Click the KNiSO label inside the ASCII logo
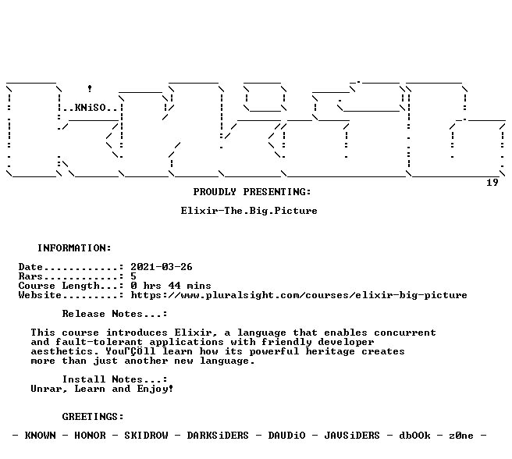pyautogui.click(x=90, y=108)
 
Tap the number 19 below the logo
pyautogui.click(x=492, y=183)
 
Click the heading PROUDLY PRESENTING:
pyautogui.click(x=252, y=192)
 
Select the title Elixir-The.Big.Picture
pyautogui.click(x=249, y=211)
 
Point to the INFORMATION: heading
pyautogui.click(x=74, y=248)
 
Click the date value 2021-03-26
pyautogui.click(x=162, y=267)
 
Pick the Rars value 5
pyautogui.click(x=133, y=276)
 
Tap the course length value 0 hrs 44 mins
pyautogui.click(x=171, y=286)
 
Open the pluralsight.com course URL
pyautogui.click(x=299, y=295)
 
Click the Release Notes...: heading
pyautogui.click(x=115, y=314)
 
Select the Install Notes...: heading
pyautogui.click(x=115, y=379)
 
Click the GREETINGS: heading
pyautogui.click(x=93, y=417)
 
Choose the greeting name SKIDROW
pyautogui.click(x=146, y=436)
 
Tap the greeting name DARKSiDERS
pyautogui.click(x=218, y=436)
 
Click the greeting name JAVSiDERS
pyautogui.click(x=352, y=436)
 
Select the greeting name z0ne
pyautogui.click(x=461, y=436)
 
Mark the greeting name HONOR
pyautogui.click(x=90, y=436)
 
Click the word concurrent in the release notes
pyautogui.click(x=405, y=333)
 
